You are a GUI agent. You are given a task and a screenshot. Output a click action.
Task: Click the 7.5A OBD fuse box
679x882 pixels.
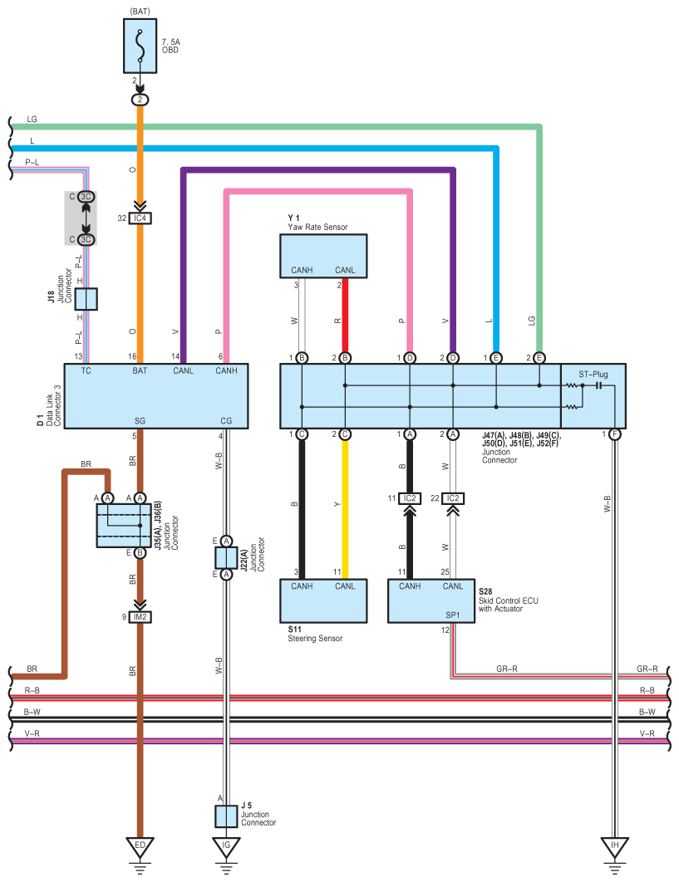click(140, 46)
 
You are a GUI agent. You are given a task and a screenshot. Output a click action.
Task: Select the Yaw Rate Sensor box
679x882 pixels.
click(323, 256)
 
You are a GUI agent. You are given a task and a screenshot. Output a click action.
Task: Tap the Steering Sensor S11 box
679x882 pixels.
click(323, 600)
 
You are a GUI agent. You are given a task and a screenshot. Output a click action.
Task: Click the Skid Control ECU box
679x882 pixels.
click(431, 600)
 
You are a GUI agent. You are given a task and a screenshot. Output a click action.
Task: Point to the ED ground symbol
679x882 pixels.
click(140, 848)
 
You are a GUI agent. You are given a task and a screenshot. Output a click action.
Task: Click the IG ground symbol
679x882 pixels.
click(226, 848)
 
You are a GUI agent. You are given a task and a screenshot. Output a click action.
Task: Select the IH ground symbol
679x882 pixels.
click(615, 848)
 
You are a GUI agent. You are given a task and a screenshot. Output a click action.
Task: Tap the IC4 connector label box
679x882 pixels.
click(140, 218)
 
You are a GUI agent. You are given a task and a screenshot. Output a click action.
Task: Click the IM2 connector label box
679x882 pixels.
click(140, 617)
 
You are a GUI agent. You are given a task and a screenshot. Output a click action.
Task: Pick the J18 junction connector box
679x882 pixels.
click(86, 299)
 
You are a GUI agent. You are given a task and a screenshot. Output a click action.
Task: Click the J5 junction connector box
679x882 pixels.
click(226, 816)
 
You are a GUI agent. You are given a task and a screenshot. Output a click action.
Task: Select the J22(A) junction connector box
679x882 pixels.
click(226, 557)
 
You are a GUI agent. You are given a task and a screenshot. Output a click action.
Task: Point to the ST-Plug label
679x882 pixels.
click(593, 374)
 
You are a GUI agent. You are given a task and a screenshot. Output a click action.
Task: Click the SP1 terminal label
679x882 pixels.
click(453, 615)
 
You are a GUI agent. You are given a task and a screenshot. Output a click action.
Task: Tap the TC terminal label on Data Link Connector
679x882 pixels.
click(86, 370)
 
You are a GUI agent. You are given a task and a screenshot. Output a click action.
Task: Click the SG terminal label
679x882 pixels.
click(140, 421)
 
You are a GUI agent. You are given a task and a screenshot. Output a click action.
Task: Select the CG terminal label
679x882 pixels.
click(226, 421)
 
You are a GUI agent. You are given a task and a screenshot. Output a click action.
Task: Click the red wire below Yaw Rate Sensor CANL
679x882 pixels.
click(345, 316)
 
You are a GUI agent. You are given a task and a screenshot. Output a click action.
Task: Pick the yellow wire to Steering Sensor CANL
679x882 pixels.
click(345, 509)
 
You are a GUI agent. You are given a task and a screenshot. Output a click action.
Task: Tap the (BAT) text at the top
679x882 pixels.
click(140, 12)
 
